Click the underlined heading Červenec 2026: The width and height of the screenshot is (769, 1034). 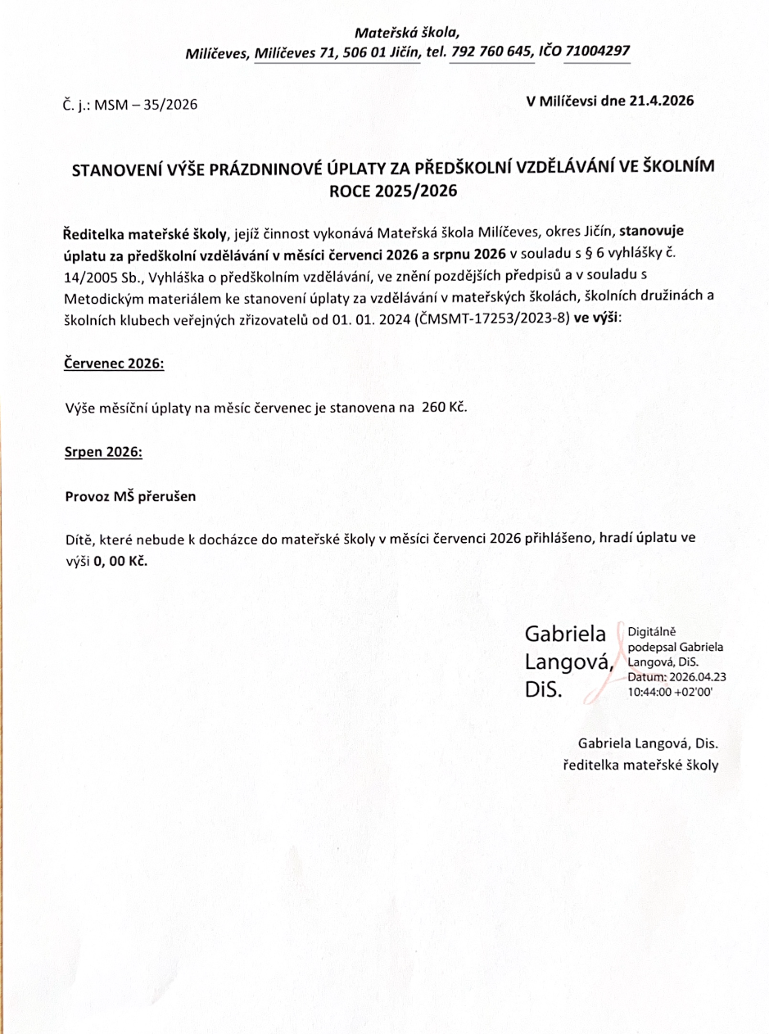(x=114, y=363)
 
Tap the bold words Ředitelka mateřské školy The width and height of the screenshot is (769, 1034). (x=142, y=232)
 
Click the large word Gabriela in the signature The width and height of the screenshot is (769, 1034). (x=564, y=634)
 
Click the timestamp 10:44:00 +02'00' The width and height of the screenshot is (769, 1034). (x=670, y=691)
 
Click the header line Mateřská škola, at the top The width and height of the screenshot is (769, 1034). (x=407, y=33)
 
